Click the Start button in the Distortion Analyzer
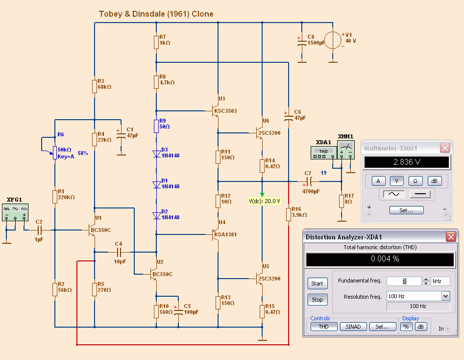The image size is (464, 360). coord(317,283)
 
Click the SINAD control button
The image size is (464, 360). coord(353,327)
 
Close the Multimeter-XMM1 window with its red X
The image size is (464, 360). coord(444,148)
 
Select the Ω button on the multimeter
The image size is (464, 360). coord(415,181)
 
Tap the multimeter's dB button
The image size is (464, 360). coord(434,181)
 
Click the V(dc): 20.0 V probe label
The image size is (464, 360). coord(265,201)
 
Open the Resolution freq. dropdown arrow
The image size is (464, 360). coord(445,296)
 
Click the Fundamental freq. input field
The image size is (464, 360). coord(404,281)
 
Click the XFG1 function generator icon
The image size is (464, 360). coord(15,212)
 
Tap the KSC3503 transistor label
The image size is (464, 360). coord(225,111)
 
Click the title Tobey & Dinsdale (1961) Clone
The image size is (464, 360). coord(156,14)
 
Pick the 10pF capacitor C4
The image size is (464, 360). coord(119,252)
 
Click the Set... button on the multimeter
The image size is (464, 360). coord(406,210)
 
